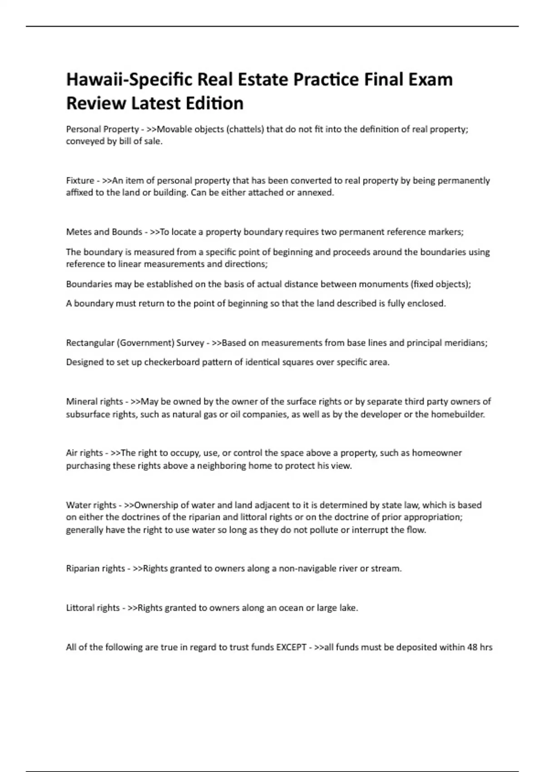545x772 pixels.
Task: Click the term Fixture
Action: [x=80, y=181]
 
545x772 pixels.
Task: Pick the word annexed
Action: [x=315, y=193]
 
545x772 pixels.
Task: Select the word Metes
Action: [x=79, y=232]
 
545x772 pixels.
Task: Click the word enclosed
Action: [x=427, y=303]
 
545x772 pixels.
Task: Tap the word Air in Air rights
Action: [x=72, y=453]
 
